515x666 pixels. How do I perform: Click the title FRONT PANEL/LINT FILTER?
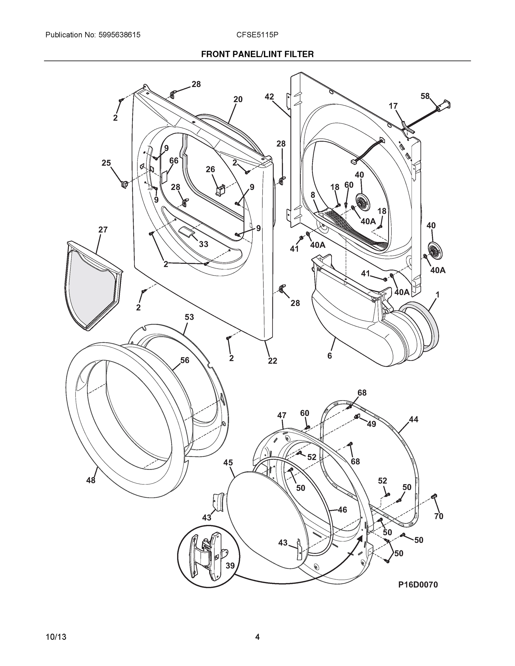click(x=257, y=54)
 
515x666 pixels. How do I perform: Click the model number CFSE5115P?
click(x=257, y=35)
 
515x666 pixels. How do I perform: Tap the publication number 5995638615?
click(x=119, y=35)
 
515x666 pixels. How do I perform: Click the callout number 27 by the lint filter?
click(x=103, y=229)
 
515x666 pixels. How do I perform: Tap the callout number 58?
click(x=425, y=96)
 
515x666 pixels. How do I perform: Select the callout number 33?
click(x=204, y=244)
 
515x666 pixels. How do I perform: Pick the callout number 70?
click(x=438, y=516)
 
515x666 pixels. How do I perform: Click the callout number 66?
click(x=174, y=160)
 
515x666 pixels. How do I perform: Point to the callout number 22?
click(x=272, y=361)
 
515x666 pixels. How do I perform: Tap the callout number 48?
click(x=91, y=480)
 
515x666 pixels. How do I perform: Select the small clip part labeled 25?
click(x=124, y=185)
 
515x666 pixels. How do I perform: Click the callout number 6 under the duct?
click(x=330, y=355)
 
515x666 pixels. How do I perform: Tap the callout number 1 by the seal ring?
click(x=437, y=295)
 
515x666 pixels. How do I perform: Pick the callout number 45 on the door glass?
click(x=228, y=462)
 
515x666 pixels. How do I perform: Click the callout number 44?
click(x=413, y=419)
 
